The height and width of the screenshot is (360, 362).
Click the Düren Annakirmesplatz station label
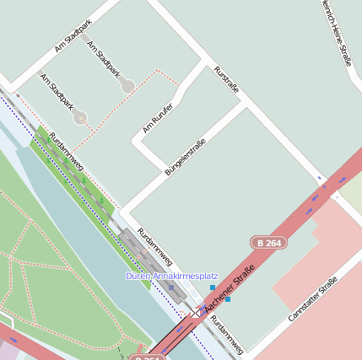(x=171, y=276)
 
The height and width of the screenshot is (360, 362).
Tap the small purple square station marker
(x=170, y=287)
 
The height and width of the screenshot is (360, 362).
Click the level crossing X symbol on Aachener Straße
(x=196, y=312)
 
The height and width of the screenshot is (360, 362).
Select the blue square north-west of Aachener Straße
(x=213, y=287)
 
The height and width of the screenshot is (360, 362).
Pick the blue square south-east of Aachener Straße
(x=227, y=299)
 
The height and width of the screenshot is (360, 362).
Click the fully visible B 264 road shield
(x=270, y=243)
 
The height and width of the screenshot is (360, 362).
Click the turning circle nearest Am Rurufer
(x=127, y=86)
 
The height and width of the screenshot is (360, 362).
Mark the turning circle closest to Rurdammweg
(x=79, y=117)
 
